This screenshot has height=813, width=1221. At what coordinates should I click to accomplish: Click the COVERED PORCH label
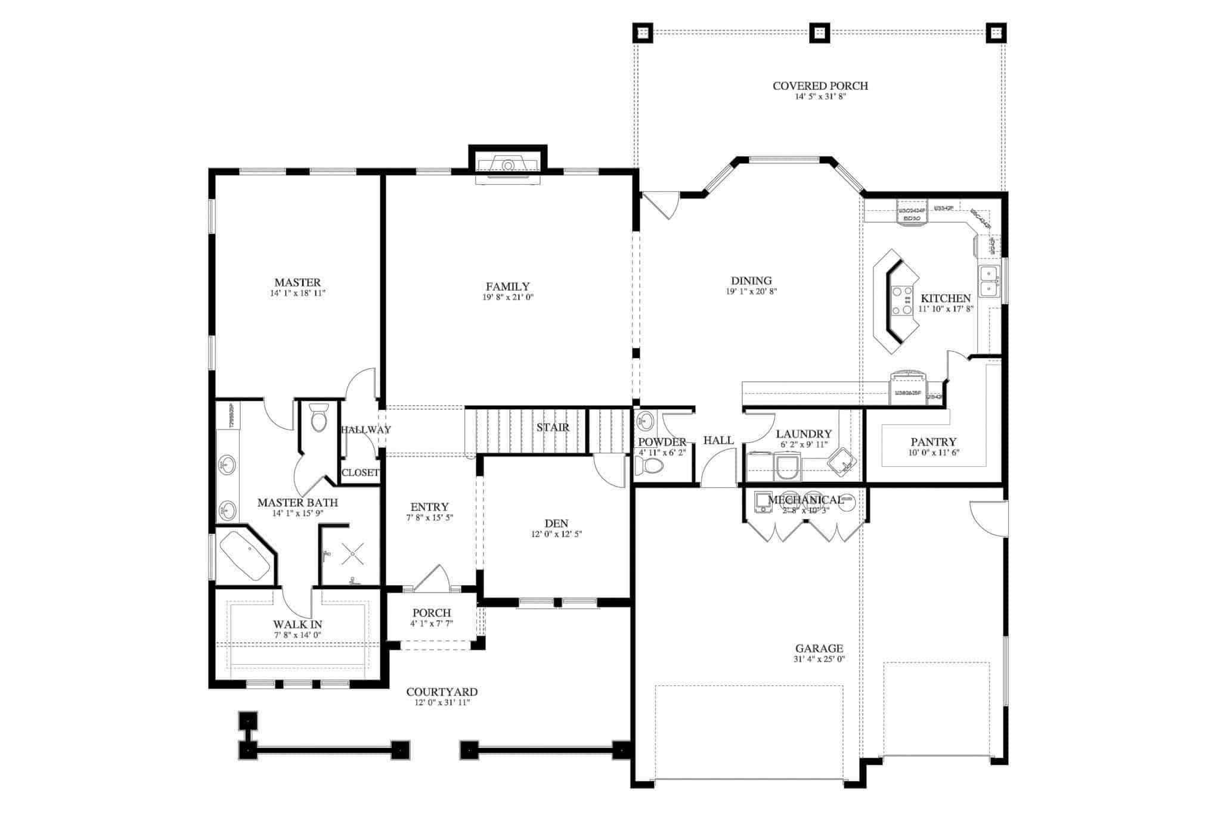[x=820, y=86]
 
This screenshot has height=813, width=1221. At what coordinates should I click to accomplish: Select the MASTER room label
[x=297, y=282]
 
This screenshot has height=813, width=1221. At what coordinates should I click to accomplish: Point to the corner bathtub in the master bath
[x=245, y=556]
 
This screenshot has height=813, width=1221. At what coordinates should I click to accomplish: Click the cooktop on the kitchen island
[x=901, y=300]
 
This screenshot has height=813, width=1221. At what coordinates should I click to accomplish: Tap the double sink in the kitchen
[x=988, y=281]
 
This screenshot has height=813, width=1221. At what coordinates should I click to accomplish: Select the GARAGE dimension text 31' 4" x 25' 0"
[x=819, y=659]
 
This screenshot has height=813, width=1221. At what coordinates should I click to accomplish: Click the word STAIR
[x=552, y=428]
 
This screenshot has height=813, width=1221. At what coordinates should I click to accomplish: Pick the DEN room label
[x=556, y=524]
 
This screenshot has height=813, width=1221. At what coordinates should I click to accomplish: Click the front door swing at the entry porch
[x=432, y=578]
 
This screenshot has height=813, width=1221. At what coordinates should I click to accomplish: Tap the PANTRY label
[x=933, y=442]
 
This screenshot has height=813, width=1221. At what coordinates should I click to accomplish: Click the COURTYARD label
[x=442, y=692]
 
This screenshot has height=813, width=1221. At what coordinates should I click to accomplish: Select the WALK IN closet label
[x=297, y=624]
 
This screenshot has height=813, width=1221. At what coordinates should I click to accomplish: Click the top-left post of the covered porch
[x=643, y=33]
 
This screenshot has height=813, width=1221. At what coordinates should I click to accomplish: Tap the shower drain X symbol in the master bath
[x=352, y=554]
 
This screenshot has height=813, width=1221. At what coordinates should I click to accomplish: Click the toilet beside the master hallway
[x=319, y=418]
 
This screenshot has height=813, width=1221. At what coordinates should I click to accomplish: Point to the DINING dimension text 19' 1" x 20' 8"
[x=751, y=291]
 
